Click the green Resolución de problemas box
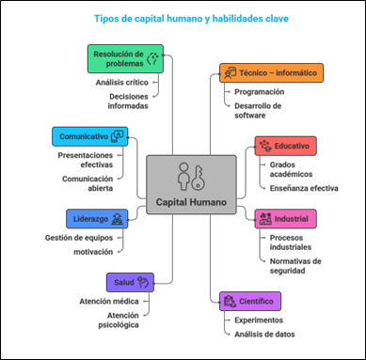click(125, 58)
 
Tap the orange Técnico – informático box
click(271, 72)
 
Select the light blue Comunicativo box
click(90, 136)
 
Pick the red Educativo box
click(285, 146)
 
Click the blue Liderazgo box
click(97, 219)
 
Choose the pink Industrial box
click(285, 219)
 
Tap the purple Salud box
click(130, 282)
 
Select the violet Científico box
click(250, 301)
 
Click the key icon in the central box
click(198, 178)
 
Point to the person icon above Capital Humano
click(183, 177)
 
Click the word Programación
click(260, 92)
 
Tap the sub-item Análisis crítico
click(122, 83)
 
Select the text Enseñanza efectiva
click(304, 188)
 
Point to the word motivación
click(93, 252)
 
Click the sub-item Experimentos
click(259, 321)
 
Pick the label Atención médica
click(109, 302)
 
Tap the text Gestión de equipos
click(79, 238)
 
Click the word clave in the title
click(277, 19)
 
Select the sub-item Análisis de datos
click(264, 335)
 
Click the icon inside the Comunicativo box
click(118, 136)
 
